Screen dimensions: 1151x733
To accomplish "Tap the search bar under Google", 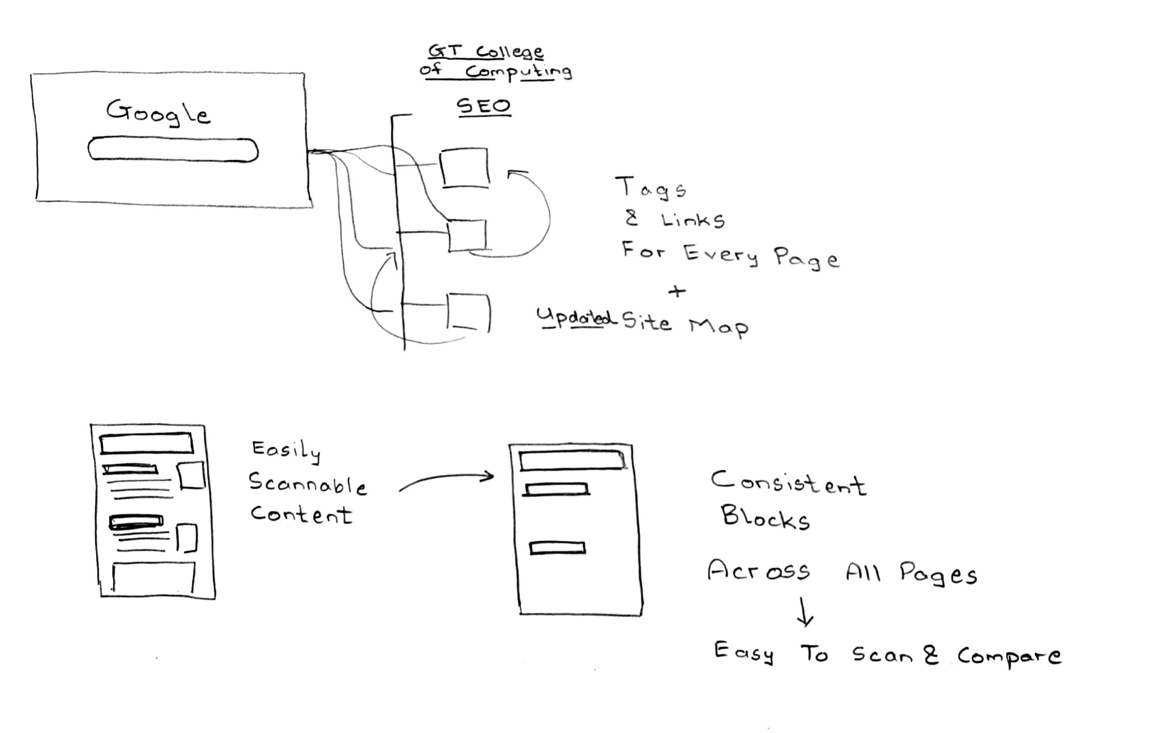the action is (173, 150).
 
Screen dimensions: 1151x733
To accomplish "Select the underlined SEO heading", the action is (484, 106).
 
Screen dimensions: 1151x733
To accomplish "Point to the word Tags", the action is (651, 188).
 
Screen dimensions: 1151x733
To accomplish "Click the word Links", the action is (693, 221).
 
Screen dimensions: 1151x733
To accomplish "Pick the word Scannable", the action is (308, 484).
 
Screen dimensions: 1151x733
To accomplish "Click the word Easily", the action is (286, 451).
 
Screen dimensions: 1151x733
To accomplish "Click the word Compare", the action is (1009, 656).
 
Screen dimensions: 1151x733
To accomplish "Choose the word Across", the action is (759, 571).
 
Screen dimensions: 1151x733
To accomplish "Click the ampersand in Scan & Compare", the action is (930, 655).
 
